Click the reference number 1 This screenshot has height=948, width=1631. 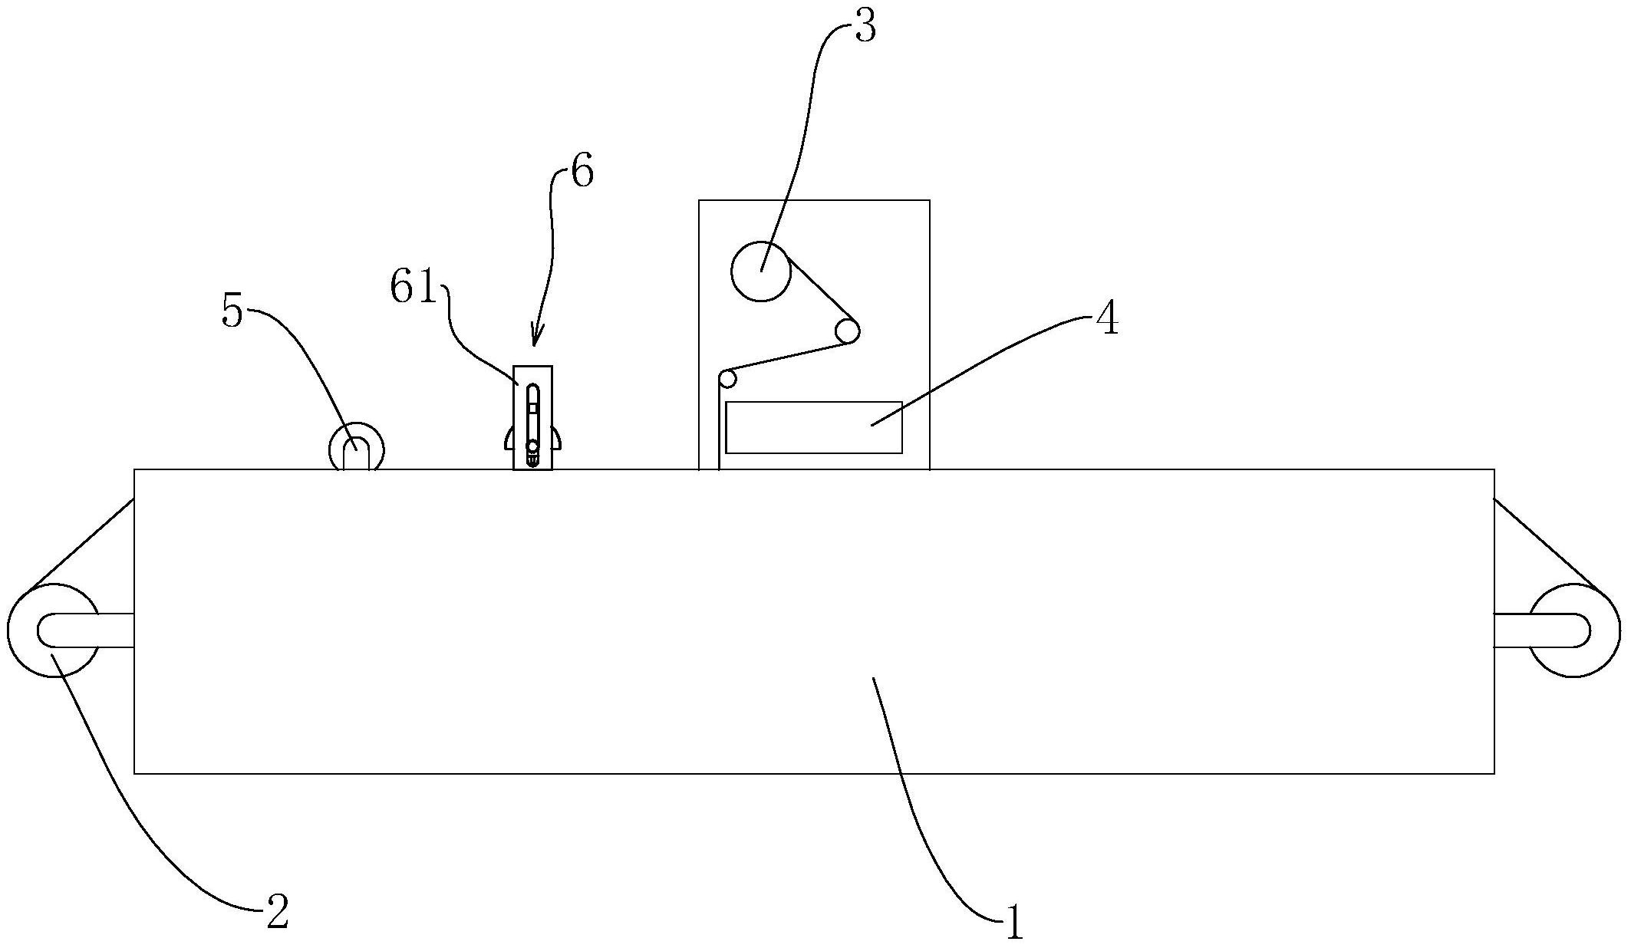coord(1014,922)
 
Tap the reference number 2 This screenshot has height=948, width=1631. coord(277,912)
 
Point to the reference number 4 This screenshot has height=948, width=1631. coord(1106,318)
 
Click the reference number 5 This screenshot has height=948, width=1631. coord(232,311)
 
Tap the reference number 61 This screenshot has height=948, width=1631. coord(413,288)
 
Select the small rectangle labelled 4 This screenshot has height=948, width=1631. coord(813,427)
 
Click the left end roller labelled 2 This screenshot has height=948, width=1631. coord(54,630)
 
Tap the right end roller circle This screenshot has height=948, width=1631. coord(1573,630)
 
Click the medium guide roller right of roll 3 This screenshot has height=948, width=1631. coord(847,331)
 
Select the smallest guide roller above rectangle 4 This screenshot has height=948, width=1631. coord(727,378)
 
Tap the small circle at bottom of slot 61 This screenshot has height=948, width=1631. coord(532,446)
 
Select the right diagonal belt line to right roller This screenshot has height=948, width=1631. coord(1547,545)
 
